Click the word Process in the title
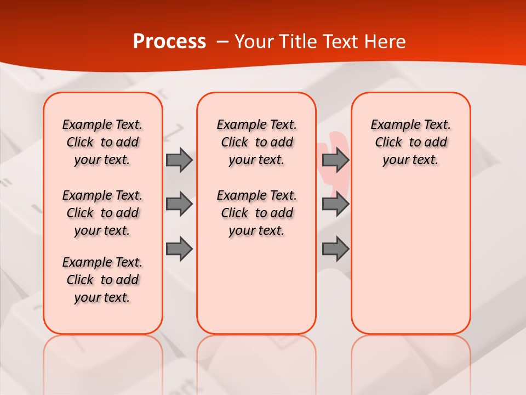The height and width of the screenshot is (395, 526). [169, 42]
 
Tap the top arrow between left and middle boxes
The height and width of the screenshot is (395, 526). [179, 160]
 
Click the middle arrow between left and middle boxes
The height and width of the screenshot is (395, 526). [179, 204]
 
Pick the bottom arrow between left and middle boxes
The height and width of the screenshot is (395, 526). [179, 249]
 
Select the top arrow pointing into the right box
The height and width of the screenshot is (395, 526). [335, 160]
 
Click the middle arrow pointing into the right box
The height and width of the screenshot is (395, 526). [335, 204]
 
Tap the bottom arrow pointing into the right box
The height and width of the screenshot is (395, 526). [335, 249]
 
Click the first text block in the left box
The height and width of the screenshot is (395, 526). [102, 142]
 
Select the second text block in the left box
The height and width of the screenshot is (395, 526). [102, 213]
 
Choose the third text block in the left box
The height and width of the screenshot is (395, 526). [102, 280]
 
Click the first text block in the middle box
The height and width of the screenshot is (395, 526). [256, 142]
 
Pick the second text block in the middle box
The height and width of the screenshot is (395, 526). [256, 213]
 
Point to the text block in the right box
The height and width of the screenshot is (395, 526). [410, 142]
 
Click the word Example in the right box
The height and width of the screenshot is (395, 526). [390, 125]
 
